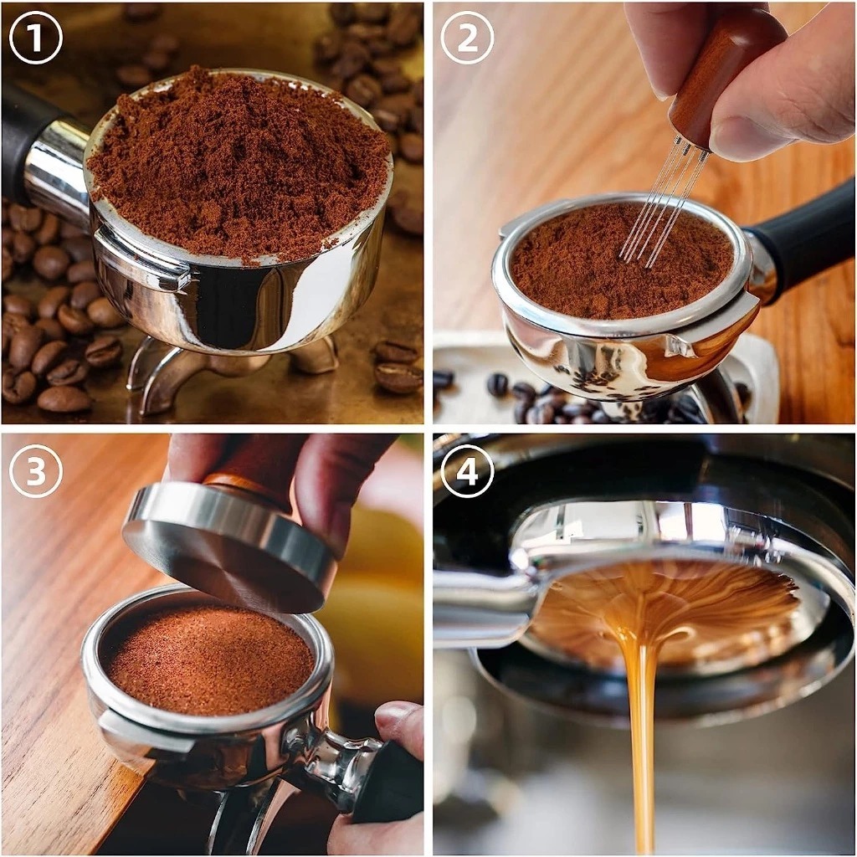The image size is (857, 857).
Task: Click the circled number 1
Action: click(35, 38)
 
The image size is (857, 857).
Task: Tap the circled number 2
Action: click(467, 38)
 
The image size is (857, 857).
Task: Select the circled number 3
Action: click(35, 470)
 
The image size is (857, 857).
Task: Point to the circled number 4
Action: click(467, 470)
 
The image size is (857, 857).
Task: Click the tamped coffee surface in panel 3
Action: click(210, 659)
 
